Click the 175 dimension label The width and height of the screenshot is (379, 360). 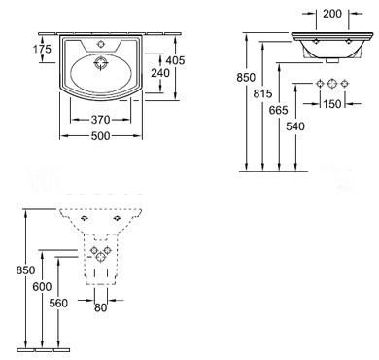click(42, 49)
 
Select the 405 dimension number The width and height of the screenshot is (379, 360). click(175, 60)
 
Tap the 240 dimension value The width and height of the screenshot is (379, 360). click(160, 73)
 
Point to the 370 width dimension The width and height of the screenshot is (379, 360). click(101, 120)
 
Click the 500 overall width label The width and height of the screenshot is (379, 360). click(101, 136)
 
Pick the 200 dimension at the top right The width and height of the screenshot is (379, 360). click(332, 14)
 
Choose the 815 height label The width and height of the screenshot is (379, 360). click(262, 94)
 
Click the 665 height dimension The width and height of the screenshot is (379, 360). click(279, 110)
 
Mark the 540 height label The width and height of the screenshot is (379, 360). click(295, 126)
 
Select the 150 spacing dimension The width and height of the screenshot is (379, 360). click(332, 104)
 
